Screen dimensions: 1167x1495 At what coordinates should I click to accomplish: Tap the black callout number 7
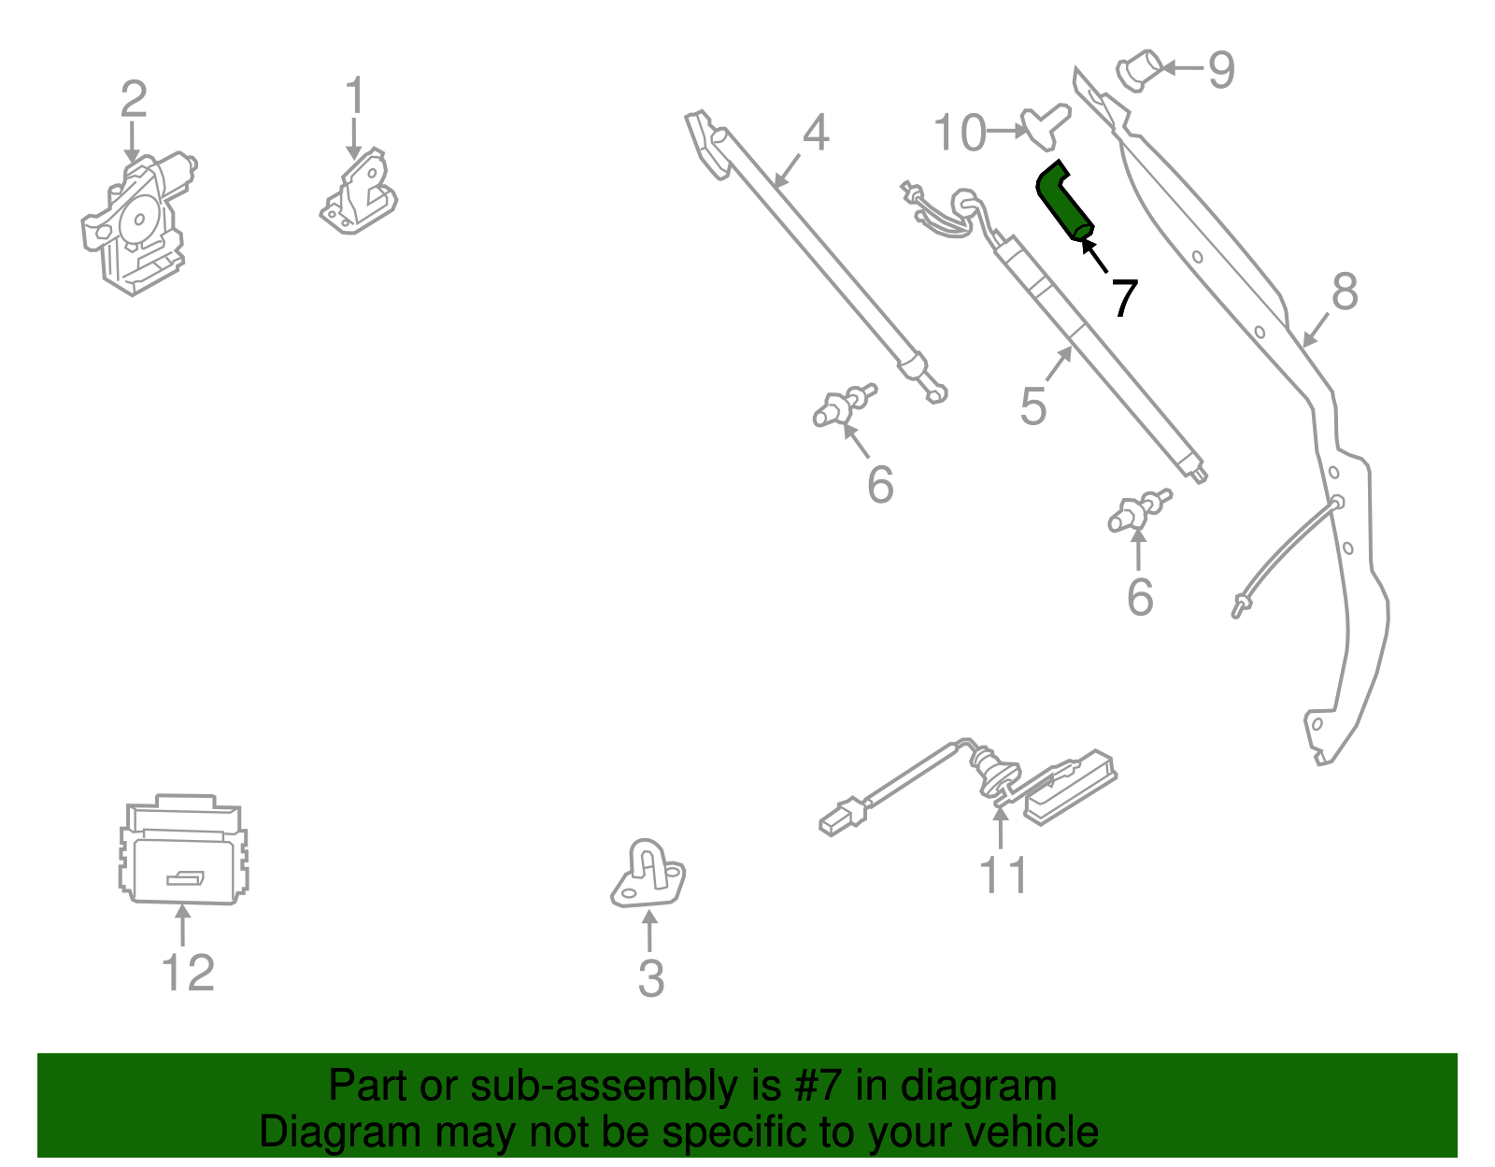[x=1123, y=298]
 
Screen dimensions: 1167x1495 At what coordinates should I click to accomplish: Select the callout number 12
[x=188, y=973]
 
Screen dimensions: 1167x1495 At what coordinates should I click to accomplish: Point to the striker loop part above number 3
[x=648, y=874]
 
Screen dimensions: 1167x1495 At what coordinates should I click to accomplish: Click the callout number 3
[x=650, y=978]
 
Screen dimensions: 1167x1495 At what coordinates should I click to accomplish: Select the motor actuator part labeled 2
[x=135, y=224]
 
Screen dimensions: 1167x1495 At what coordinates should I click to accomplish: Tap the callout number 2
[x=134, y=100]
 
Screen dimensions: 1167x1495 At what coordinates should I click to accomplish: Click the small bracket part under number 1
[x=359, y=194]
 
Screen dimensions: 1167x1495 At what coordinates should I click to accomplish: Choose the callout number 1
[x=354, y=96]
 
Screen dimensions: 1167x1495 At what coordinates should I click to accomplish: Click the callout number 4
[x=816, y=133]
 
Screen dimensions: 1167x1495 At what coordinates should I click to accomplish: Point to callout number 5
[x=1032, y=406]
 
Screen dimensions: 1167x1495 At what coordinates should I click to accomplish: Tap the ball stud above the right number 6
[x=1139, y=511]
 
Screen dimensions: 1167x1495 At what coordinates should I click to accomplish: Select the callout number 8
[x=1344, y=292]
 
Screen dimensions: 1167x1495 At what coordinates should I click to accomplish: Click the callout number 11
[x=1003, y=875]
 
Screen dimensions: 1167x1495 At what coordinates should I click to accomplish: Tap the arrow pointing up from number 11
[x=1001, y=827]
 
